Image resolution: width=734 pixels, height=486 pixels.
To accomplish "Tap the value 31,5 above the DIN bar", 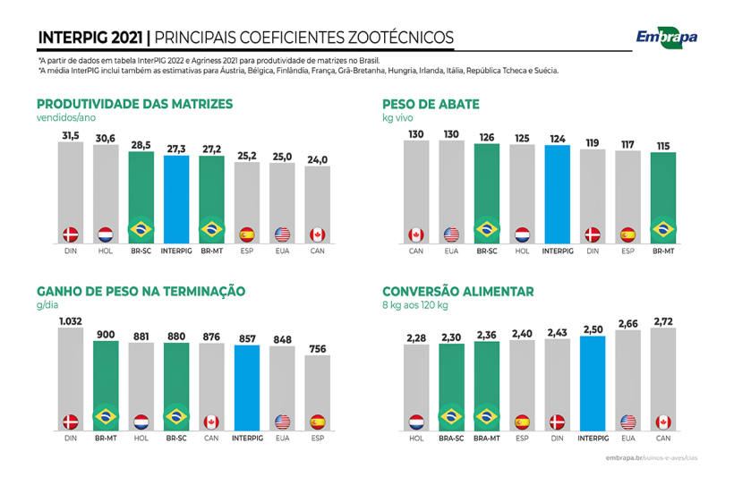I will pyautogui.click(x=71, y=135).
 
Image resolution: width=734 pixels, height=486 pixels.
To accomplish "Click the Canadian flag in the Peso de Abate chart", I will pyautogui.click(x=416, y=234).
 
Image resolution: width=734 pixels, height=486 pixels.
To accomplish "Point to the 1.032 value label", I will pyautogui.click(x=71, y=321).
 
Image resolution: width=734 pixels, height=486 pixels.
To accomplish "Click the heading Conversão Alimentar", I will pyautogui.click(x=457, y=291).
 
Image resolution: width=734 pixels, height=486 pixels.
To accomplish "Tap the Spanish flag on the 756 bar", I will pyautogui.click(x=317, y=421).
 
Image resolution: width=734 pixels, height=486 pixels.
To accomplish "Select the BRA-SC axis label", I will pyautogui.click(x=451, y=439).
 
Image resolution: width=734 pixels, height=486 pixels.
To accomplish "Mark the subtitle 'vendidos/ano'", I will pyautogui.click(x=65, y=117).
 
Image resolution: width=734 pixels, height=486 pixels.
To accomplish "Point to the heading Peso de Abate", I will pyautogui.click(x=431, y=104).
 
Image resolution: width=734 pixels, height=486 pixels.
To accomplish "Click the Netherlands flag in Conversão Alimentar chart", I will pyautogui.click(x=416, y=421).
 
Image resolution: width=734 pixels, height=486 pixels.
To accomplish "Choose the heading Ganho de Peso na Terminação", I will pyautogui.click(x=141, y=291).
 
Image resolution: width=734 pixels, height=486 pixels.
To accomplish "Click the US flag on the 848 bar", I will pyautogui.click(x=282, y=421).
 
